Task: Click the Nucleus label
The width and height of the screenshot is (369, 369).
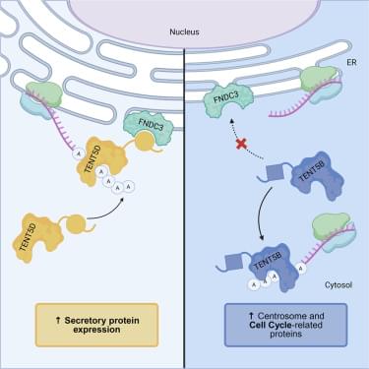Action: (x=184, y=31)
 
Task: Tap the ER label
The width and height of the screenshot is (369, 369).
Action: (x=351, y=62)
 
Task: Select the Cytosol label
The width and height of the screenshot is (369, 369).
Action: (x=338, y=284)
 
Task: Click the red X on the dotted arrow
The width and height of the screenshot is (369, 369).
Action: (x=241, y=144)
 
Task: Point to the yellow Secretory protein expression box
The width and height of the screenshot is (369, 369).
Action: (x=96, y=325)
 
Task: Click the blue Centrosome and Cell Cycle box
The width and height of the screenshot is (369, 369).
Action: (x=285, y=325)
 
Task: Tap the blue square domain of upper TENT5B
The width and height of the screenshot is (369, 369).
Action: (x=275, y=172)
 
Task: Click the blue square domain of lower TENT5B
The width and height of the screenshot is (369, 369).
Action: (x=234, y=264)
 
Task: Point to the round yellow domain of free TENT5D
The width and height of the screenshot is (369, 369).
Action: (x=76, y=223)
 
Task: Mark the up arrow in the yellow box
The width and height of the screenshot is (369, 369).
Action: (x=58, y=320)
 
